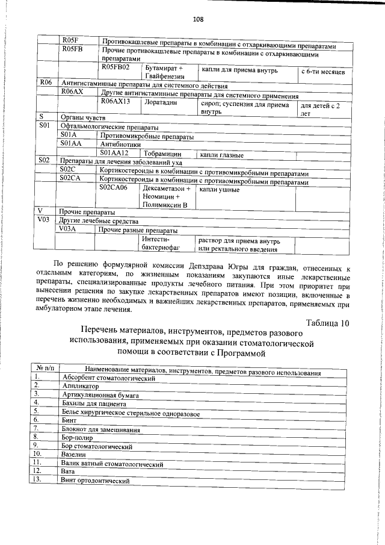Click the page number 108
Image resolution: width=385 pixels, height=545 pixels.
(198, 19)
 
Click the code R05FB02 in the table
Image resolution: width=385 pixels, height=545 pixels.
(116, 68)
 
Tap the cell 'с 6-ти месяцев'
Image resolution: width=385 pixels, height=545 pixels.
(322, 72)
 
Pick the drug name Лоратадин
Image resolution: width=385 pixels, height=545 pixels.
(158, 103)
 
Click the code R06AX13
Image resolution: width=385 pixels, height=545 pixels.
(116, 102)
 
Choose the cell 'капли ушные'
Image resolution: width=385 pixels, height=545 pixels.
(220, 190)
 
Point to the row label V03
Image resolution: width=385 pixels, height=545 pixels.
(43, 220)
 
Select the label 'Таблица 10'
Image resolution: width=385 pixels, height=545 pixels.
(327, 323)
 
